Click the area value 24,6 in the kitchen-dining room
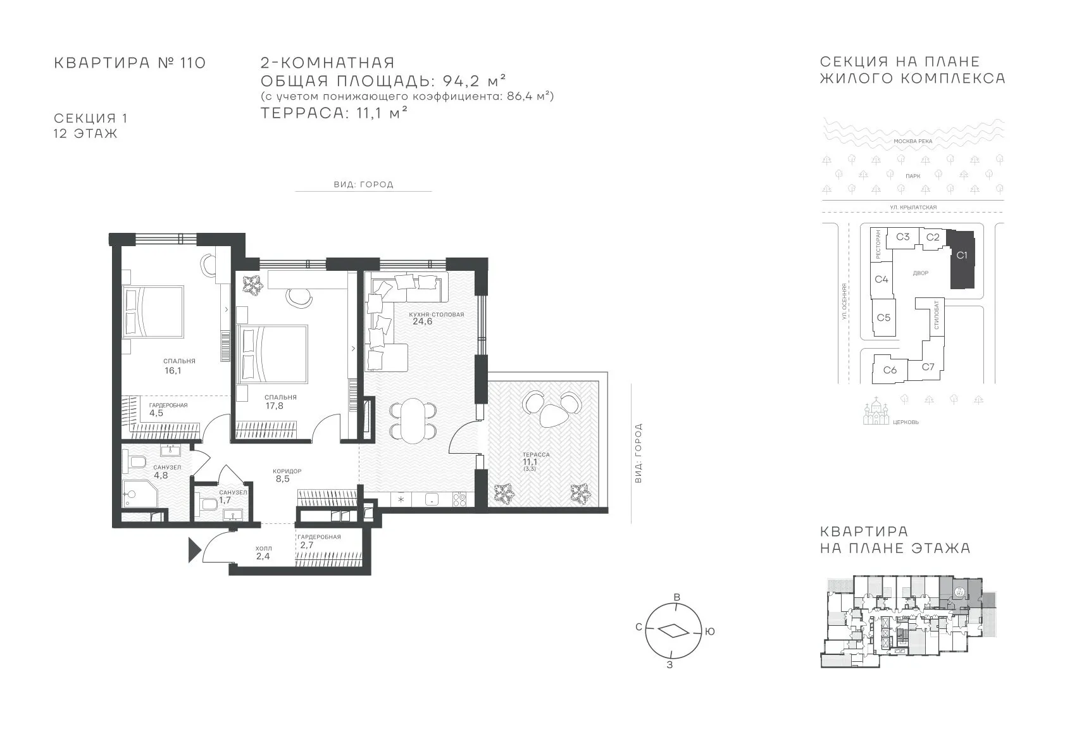point(422,321)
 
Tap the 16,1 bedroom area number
point(173,371)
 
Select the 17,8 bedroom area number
point(275,406)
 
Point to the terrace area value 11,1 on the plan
point(530,461)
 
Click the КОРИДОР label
point(287,471)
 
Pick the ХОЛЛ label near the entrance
point(264,549)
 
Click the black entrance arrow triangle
point(195,550)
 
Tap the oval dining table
point(412,420)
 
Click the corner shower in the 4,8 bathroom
point(139,494)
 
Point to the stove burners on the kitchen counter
point(459,500)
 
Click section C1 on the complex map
point(962,259)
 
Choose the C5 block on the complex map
point(883,318)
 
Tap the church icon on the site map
point(876,412)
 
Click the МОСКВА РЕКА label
point(912,141)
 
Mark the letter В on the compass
point(677,597)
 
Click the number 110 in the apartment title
point(193,63)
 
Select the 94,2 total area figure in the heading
point(460,81)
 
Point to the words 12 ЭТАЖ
point(85,134)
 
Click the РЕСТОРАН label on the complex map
point(878,244)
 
